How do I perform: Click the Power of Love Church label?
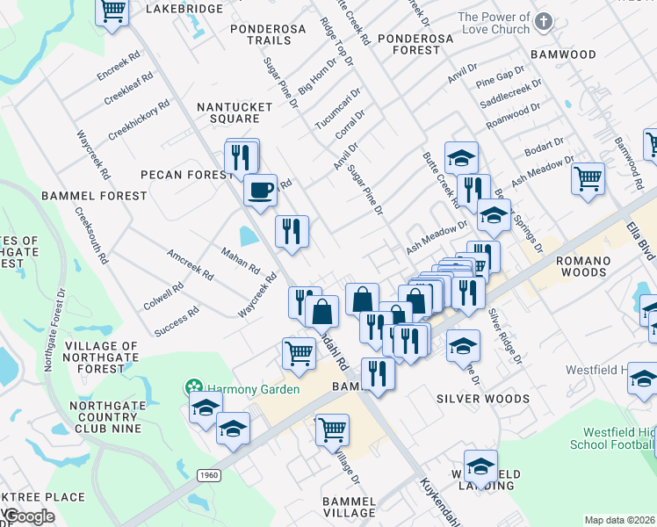[493, 23]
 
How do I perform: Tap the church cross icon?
[544, 23]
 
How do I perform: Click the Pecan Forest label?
[186, 175]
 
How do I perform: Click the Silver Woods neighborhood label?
[483, 399]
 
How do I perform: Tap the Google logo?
[30, 516]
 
